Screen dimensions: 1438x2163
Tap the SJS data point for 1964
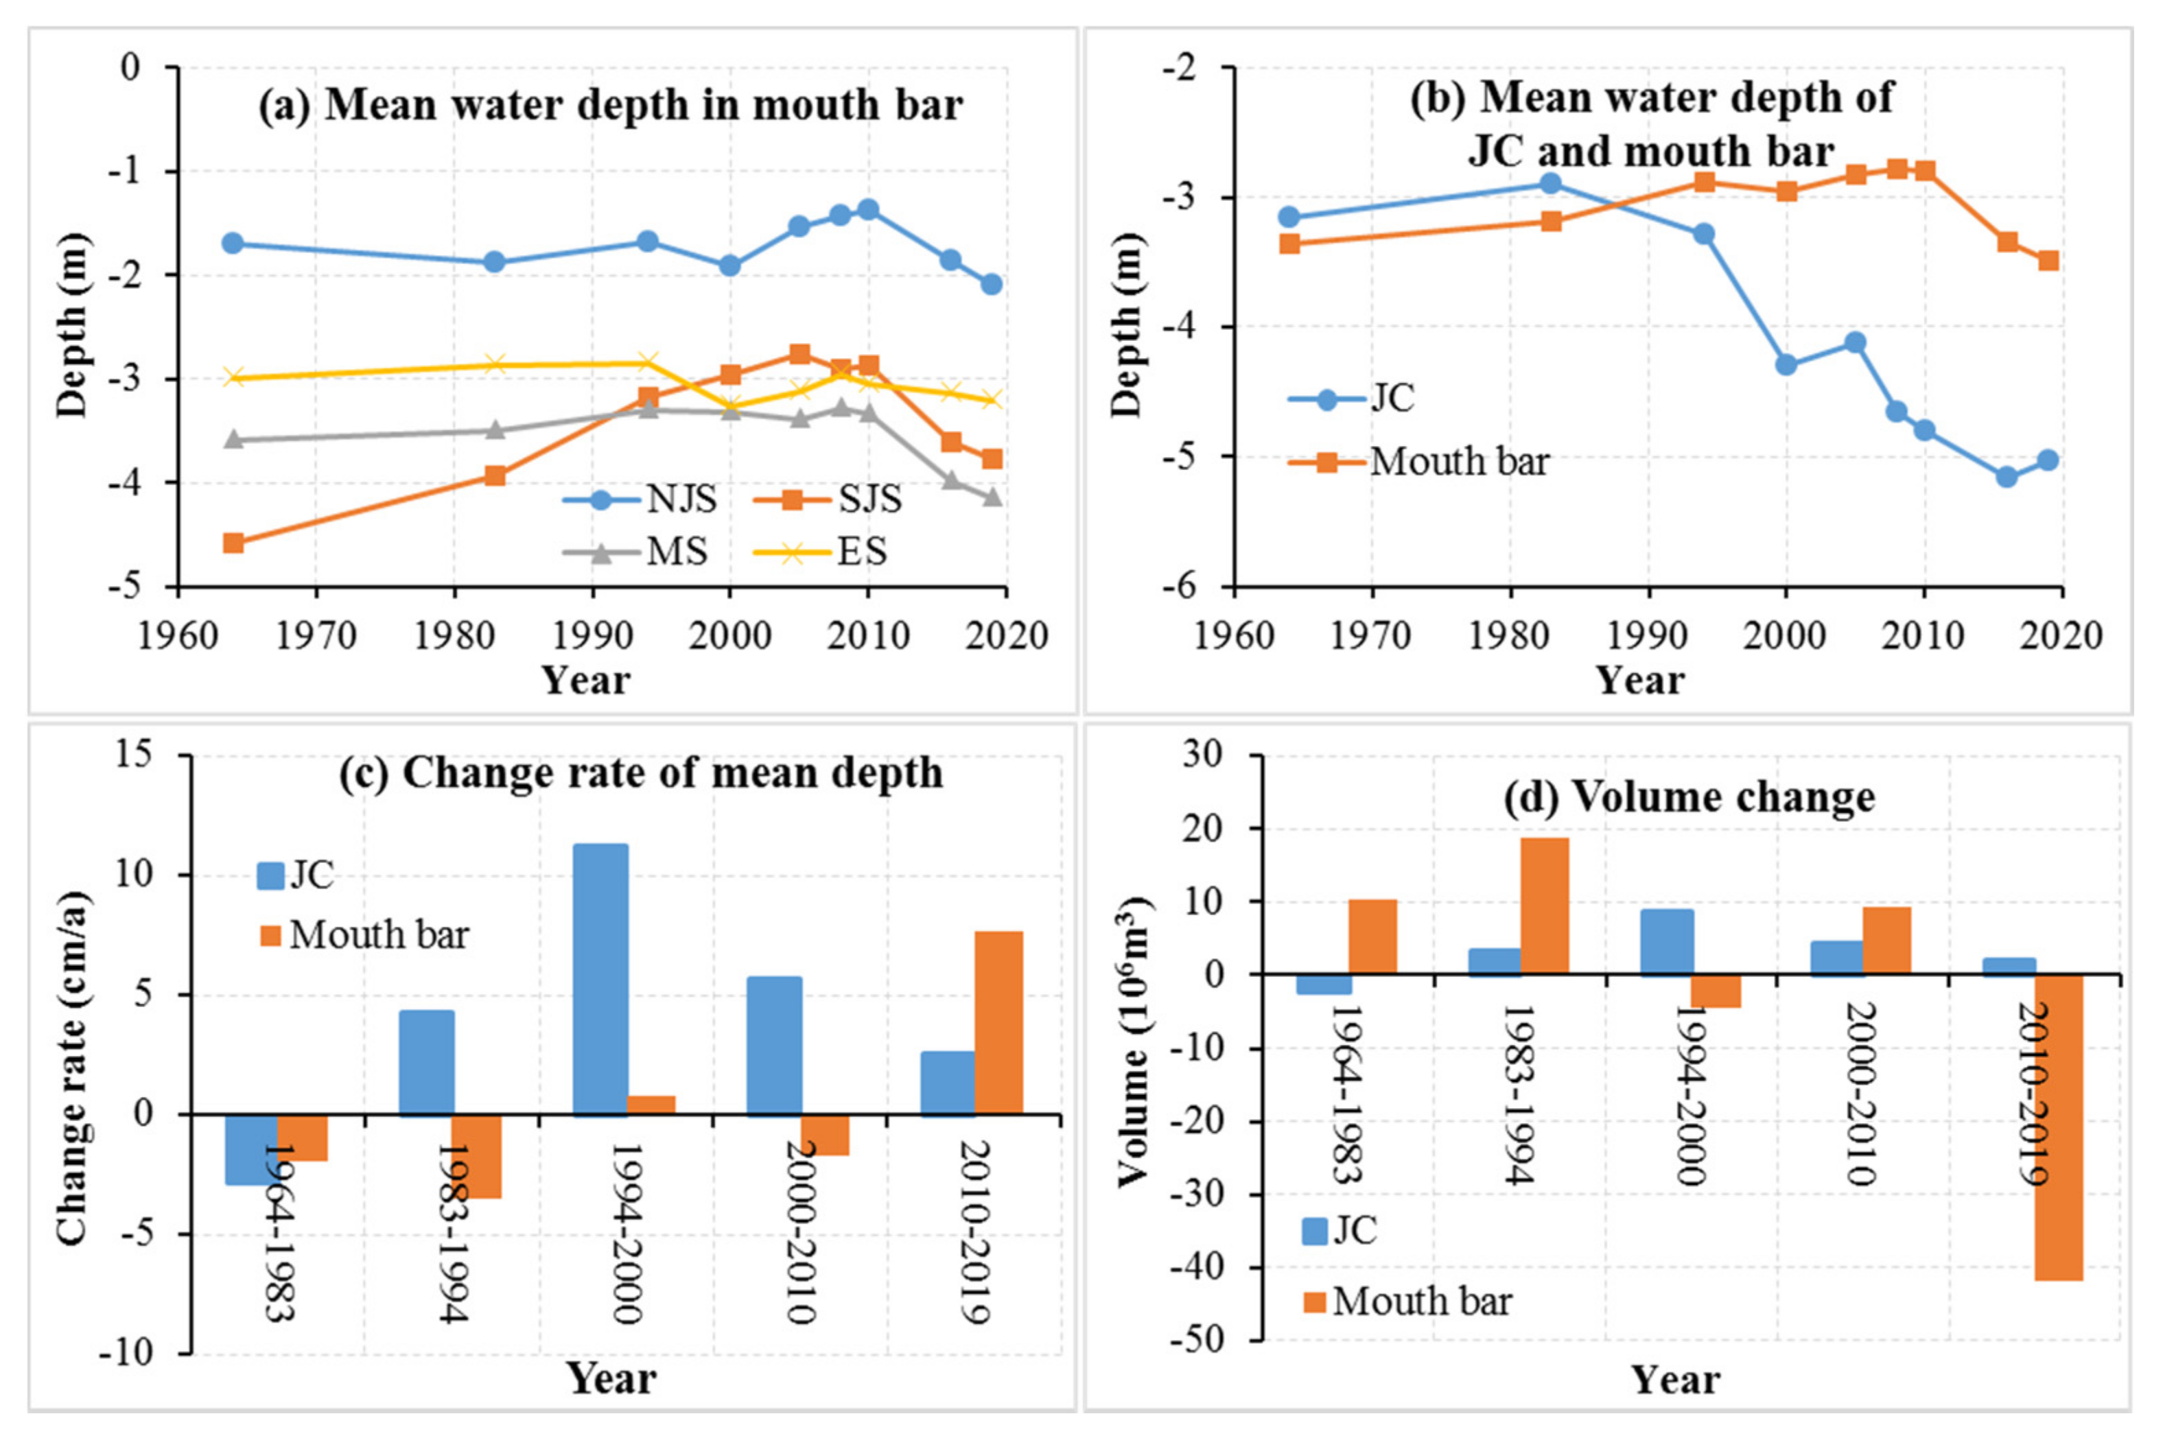pos(233,543)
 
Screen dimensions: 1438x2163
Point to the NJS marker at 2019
pos(991,284)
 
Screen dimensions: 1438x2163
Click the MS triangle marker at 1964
pos(233,439)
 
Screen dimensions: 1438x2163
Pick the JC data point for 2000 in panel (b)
pos(1785,364)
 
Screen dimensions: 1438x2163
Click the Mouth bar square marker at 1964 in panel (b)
pos(1289,243)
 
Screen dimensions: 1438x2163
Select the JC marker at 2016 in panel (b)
pos(2006,477)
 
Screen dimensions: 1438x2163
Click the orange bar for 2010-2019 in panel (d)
pos(2059,1127)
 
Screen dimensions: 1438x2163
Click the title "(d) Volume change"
pos(1689,796)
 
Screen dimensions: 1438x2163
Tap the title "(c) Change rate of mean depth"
pos(640,773)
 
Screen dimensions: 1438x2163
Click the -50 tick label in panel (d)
pos(1197,1340)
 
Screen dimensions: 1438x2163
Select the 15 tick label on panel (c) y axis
pos(134,754)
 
